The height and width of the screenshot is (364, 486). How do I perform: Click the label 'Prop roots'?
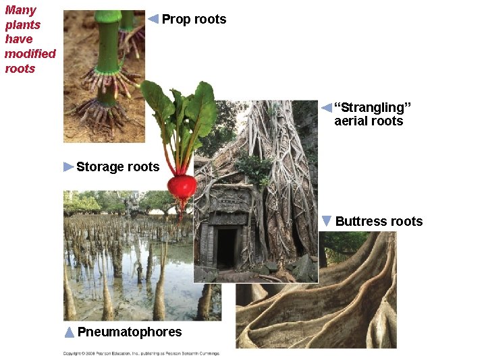[x=194, y=20]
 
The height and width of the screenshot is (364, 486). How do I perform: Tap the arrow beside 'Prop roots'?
[x=153, y=19]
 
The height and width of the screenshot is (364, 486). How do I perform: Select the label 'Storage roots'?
[x=117, y=167]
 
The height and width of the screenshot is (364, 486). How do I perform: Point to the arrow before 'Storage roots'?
[x=68, y=166]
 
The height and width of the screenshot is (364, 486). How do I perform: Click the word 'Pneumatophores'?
[x=130, y=332]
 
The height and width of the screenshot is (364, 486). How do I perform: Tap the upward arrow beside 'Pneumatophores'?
[x=69, y=332]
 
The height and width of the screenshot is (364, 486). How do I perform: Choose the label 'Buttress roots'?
[x=379, y=222]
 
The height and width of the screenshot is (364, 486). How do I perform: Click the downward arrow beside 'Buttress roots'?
[x=327, y=221]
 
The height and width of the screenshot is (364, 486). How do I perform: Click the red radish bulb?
[x=182, y=185]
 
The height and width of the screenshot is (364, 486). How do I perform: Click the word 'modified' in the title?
[x=30, y=54]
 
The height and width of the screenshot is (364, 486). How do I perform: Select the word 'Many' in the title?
[x=20, y=10]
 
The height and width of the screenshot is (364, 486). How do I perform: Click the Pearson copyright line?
[x=141, y=353]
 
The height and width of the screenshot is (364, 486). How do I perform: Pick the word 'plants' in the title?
[x=22, y=25]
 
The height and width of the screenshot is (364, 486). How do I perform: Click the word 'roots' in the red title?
[x=20, y=69]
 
